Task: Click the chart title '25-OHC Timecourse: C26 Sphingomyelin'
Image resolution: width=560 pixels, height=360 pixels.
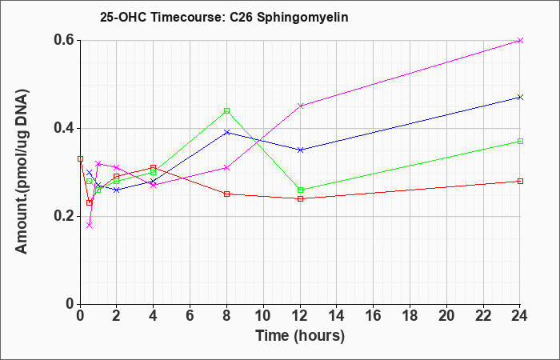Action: [224, 17]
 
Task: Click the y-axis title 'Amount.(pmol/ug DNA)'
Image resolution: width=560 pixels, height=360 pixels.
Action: [22, 171]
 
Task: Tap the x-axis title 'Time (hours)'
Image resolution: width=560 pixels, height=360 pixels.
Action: [300, 336]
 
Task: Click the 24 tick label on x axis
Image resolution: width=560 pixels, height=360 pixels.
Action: [519, 315]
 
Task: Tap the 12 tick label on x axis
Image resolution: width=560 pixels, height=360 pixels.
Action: [300, 315]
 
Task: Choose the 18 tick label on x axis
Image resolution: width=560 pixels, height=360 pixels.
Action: [410, 315]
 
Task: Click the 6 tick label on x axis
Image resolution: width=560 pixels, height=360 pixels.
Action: [190, 315]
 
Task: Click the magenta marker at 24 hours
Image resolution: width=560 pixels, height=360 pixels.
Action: [520, 40]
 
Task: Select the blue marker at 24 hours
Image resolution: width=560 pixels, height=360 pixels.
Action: [520, 97]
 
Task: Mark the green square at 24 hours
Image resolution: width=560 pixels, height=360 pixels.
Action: [520, 142]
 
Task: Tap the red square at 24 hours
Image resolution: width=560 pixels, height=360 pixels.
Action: [520, 181]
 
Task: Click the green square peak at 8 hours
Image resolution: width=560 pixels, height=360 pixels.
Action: [226, 110]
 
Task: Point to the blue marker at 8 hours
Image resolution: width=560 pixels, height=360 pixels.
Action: [226, 133]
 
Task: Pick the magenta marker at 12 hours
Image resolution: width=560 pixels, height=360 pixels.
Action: [300, 106]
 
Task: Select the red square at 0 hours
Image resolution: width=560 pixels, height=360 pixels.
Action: [80, 158]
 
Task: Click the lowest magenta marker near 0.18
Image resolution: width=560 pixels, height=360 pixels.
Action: [90, 225]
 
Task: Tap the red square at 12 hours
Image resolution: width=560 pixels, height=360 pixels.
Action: [300, 198]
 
